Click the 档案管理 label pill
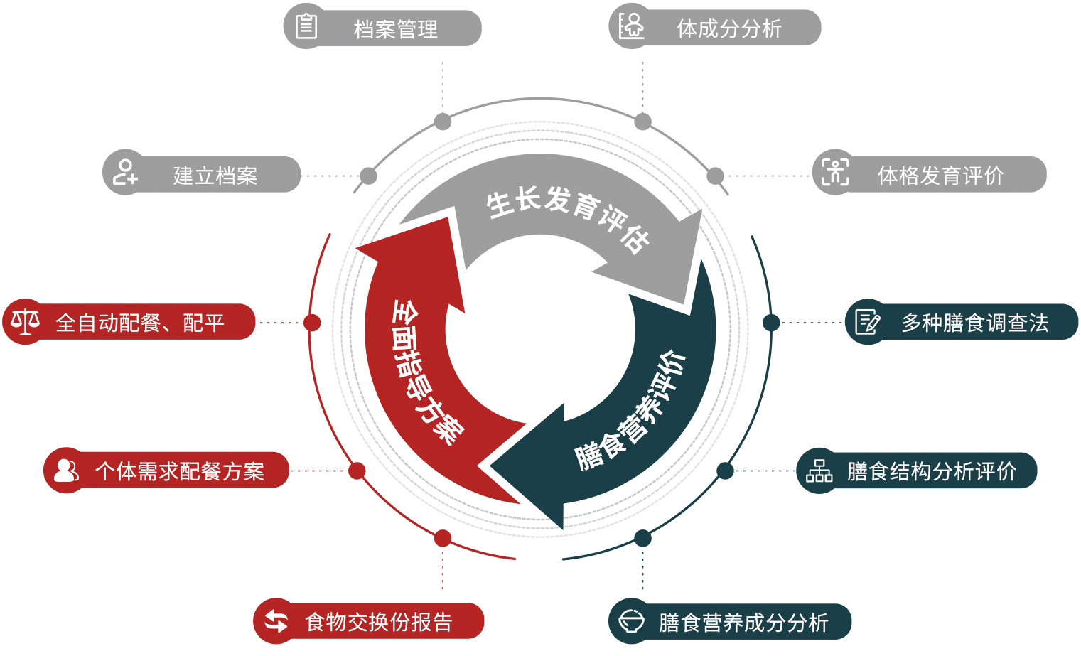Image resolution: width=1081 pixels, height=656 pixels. (x=395, y=29)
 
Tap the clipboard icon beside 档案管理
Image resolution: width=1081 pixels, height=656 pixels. (x=306, y=27)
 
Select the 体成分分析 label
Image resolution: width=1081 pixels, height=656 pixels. (x=728, y=28)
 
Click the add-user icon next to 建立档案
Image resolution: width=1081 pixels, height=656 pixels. (x=124, y=173)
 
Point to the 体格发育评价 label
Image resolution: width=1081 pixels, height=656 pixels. (x=940, y=175)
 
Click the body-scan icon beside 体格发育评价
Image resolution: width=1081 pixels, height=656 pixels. (x=834, y=172)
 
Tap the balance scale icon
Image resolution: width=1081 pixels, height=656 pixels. (x=26, y=322)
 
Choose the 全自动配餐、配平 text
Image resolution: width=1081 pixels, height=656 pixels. (x=140, y=323)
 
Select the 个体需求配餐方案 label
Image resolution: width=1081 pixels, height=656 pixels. (x=179, y=471)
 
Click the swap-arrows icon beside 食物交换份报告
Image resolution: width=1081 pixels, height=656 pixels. (x=276, y=621)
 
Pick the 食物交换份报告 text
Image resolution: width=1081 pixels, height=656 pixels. (x=378, y=622)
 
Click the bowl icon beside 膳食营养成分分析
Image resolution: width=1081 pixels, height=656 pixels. (x=630, y=621)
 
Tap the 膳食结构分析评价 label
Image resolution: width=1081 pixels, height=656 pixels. (x=931, y=471)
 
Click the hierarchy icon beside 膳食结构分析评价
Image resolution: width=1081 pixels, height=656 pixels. (x=819, y=471)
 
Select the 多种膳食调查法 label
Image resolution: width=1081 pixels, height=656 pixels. (x=974, y=323)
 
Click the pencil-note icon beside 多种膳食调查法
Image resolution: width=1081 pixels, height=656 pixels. (x=867, y=322)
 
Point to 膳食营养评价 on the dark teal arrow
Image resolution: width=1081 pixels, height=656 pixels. (x=630, y=411)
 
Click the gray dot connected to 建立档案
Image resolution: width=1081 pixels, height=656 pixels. (x=368, y=176)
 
